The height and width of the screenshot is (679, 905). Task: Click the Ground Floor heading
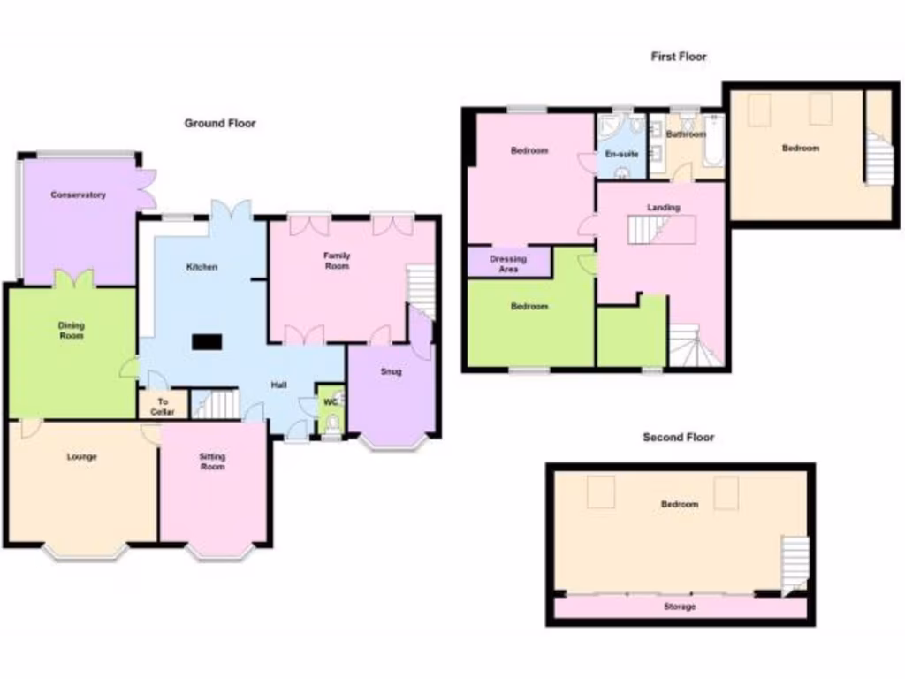coord(220,124)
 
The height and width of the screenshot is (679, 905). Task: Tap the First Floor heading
coord(679,57)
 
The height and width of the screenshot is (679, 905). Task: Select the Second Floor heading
coord(679,437)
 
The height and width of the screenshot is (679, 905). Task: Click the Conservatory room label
coord(78,195)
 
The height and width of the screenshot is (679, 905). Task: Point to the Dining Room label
coord(72,331)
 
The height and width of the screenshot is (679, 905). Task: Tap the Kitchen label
coord(202,267)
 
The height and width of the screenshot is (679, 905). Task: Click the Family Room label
coord(337,261)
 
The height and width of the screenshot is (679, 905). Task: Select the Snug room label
coord(391,371)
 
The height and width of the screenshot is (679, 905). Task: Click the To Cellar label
coord(163,406)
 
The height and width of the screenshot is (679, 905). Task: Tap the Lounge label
coord(81,457)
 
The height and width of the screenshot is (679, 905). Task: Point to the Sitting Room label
coord(212,462)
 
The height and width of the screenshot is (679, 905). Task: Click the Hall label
coord(278,385)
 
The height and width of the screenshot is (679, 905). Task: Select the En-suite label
coord(621,153)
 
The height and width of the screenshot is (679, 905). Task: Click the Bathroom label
coord(686,134)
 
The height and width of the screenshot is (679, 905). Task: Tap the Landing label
coord(663,208)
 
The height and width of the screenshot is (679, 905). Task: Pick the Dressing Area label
coord(508,263)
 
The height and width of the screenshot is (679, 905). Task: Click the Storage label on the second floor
coord(680,607)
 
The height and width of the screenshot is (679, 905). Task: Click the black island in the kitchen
coord(208,341)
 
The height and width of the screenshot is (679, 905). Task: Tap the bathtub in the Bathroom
coord(713,141)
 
